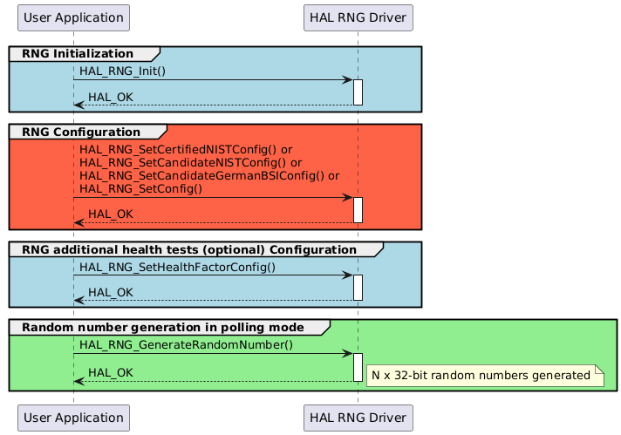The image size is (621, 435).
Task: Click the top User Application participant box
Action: (73, 17)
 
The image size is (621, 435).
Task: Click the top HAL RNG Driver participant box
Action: (357, 17)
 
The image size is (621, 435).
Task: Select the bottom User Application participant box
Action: (73, 418)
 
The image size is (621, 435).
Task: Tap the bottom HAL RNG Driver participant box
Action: (357, 418)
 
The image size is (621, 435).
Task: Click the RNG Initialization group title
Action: (78, 54)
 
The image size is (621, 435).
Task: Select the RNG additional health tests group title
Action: (188, 249)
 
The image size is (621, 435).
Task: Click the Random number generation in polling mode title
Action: (162, 327)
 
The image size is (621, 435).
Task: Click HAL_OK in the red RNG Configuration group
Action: (111, 214)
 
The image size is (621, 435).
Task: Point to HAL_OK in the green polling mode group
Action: (111, 372)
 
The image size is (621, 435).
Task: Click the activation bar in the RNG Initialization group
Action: (358, 92)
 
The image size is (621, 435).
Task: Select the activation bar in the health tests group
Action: (358, 288)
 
